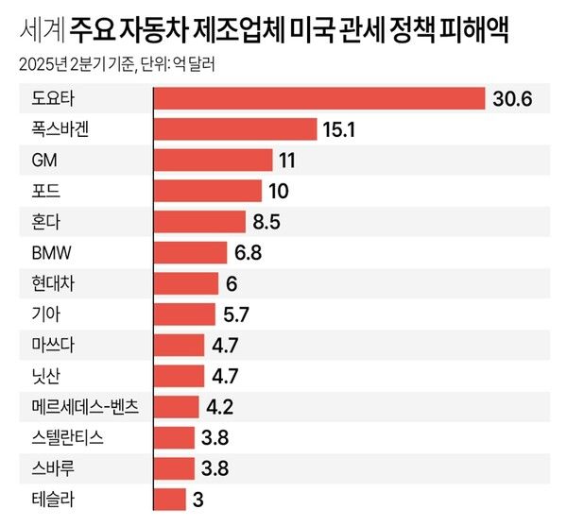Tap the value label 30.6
click(x=511, y=98)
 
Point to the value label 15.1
click(x=338, y=129)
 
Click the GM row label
click(x=44, y=161)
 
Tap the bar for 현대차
click(x=185, y=283)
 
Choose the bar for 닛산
click(x=178, y=376)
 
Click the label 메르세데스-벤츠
click(x=84, y=407)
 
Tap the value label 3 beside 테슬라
click(x=198, y=499)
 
